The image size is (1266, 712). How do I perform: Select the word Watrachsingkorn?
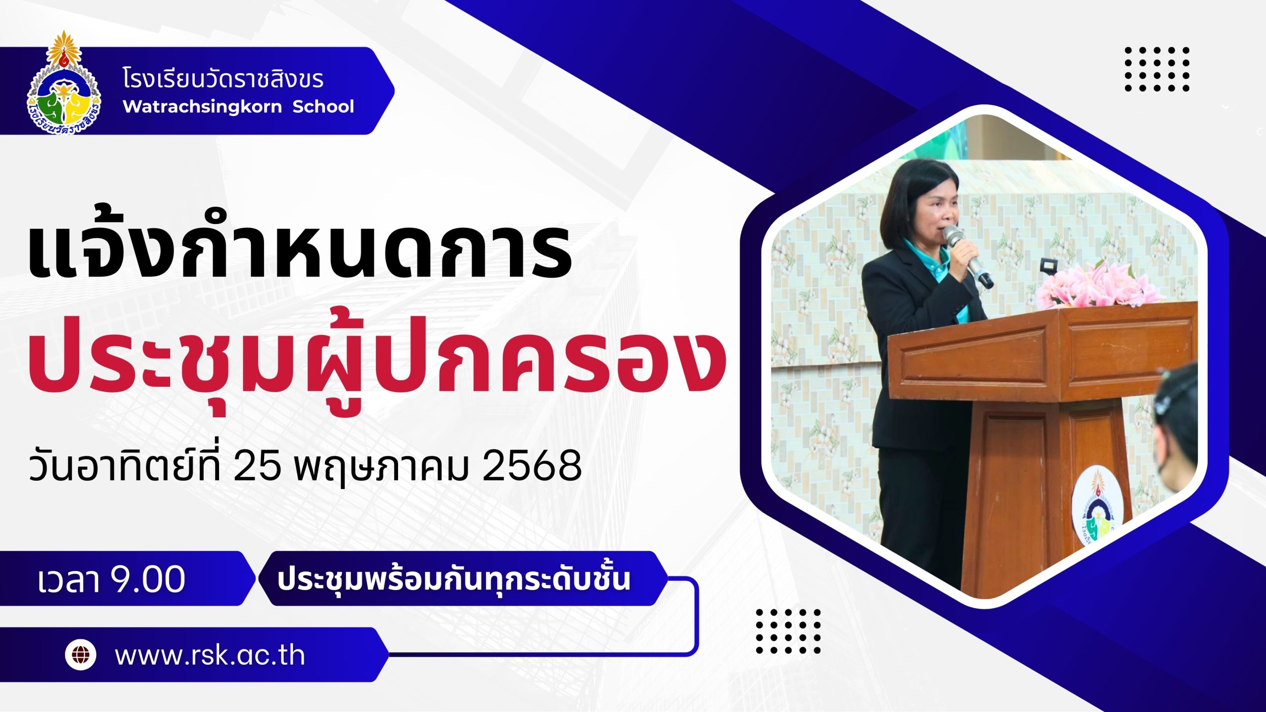point(202,107)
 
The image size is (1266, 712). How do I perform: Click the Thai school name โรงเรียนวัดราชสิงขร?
point(223,79)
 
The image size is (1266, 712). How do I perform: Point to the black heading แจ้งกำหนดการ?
point(300,252)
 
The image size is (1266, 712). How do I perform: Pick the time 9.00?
point(148,579)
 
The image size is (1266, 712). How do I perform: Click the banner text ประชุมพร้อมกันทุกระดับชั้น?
point(453,579)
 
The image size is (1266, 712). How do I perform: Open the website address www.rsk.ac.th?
point(210,655)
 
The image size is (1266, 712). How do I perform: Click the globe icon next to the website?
point(81,655)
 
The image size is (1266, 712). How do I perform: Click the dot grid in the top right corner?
point(1157,69)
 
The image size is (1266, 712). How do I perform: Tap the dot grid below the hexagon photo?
point(788,631)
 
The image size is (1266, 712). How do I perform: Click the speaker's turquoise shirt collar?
point(930,260)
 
